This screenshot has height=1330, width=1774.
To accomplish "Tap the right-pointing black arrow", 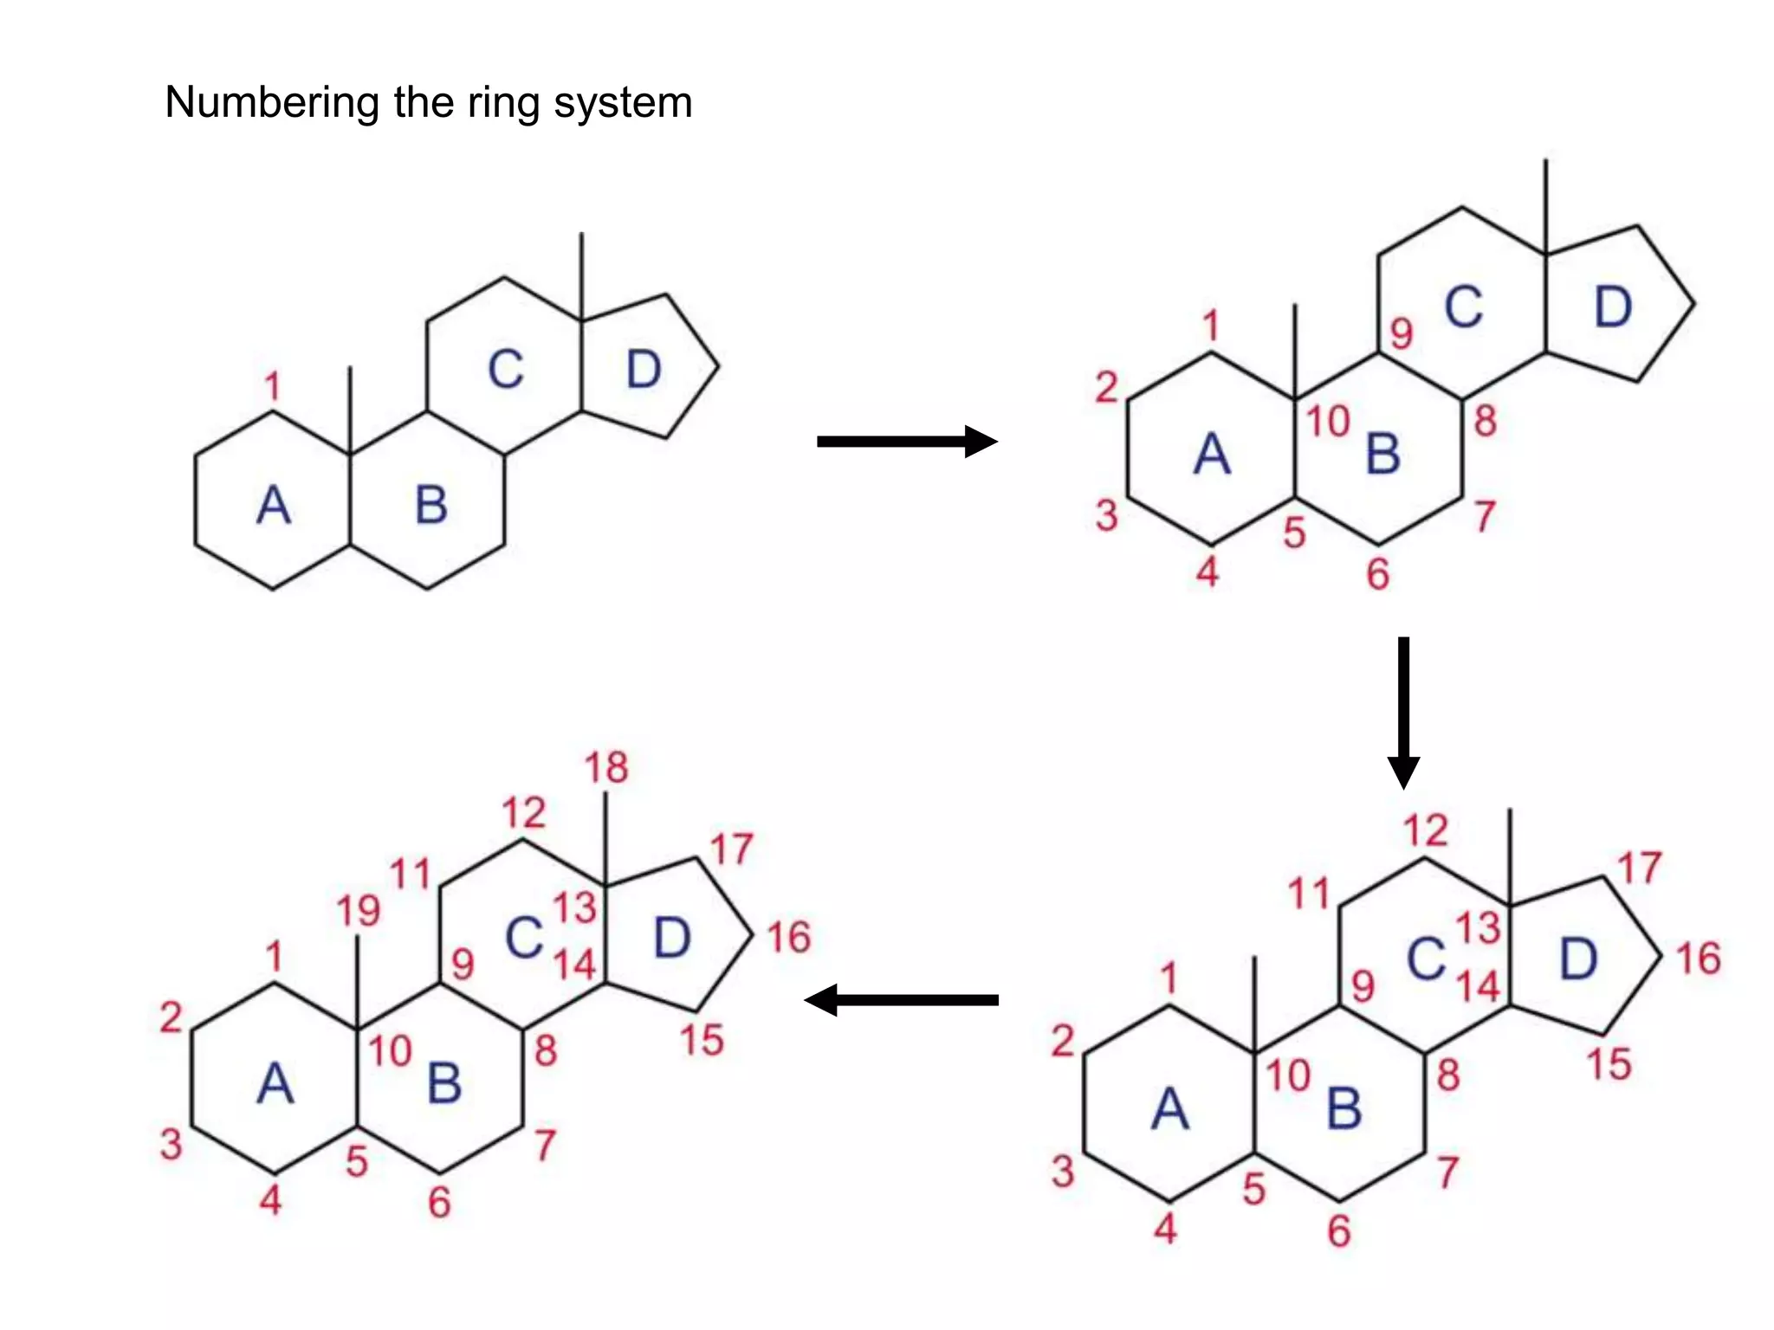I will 906,442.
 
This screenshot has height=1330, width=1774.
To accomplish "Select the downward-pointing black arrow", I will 1403,712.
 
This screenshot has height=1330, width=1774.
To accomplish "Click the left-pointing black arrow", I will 901,1000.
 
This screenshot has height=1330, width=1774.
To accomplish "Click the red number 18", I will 606,768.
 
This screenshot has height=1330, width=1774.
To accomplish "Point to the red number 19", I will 359,911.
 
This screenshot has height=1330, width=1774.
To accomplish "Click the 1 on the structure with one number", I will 273,386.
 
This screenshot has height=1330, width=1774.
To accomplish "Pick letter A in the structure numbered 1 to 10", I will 1212,455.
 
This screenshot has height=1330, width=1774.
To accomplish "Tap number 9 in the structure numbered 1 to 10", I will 1402,334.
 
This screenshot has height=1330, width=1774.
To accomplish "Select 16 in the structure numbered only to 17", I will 1698,959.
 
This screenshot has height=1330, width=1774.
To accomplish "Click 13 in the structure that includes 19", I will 575,908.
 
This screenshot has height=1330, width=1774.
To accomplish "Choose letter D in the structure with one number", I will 644,370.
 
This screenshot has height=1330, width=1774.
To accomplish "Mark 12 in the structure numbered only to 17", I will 1426,831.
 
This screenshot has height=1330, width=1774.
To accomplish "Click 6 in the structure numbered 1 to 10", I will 1378,575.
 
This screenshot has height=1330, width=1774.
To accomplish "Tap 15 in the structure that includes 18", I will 701,1041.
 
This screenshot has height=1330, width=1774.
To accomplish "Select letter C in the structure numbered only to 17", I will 1426,959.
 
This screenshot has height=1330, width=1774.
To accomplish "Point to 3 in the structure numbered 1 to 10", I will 1106,516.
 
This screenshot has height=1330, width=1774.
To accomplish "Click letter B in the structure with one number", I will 431,506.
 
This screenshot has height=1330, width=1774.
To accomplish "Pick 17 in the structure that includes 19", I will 732,850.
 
